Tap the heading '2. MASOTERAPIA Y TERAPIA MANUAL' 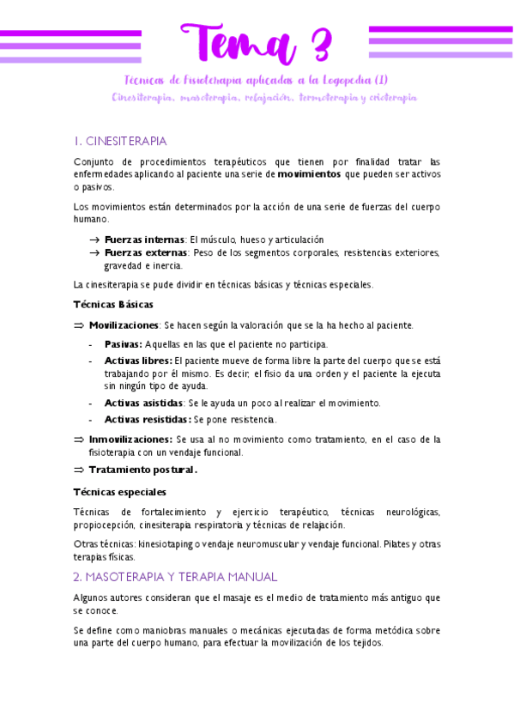pos(175,577)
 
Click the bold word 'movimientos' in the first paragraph pos(309,173)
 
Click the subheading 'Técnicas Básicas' pos(113,304)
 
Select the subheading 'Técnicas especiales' pos(120,492)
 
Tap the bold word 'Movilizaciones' pos(124,325)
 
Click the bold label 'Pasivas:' pos(123,344)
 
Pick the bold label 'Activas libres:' pos(137,361)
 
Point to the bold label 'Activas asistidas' pos(143,403)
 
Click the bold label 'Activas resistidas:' pos(148,420)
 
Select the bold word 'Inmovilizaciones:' pos(130,439)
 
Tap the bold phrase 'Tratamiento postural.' pos(143,470)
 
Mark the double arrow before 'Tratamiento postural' pos(79,470)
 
